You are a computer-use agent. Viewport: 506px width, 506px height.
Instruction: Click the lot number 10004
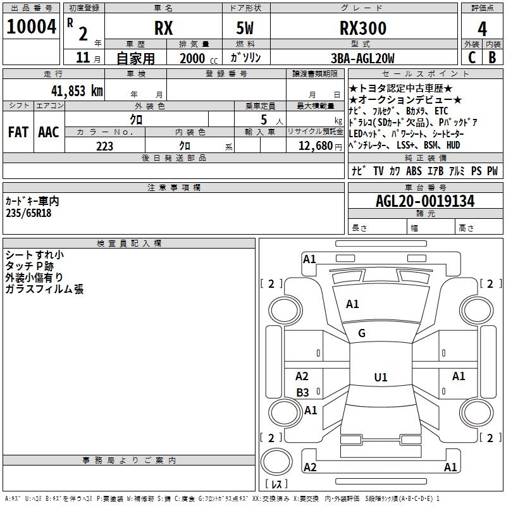point(32,27)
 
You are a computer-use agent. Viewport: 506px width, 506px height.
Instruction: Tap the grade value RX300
point(363,28)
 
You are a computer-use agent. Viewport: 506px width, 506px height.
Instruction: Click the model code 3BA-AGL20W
point(363,59)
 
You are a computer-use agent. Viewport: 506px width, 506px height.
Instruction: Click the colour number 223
point(104,146)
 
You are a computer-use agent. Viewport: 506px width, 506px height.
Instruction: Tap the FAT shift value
point(18,132)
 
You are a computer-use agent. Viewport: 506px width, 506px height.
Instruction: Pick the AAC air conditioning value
point(48,132)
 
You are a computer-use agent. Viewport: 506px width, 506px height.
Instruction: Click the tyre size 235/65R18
point(28,213)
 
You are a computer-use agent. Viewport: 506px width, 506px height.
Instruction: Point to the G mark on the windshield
point(362,333)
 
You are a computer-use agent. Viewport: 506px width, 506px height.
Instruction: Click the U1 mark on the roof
point(380,377)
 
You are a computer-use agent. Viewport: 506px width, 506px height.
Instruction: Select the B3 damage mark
point(303,392)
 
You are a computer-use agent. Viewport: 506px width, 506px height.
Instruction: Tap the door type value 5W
point(245,28)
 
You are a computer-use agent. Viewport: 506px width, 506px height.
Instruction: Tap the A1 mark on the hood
point(352,304)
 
